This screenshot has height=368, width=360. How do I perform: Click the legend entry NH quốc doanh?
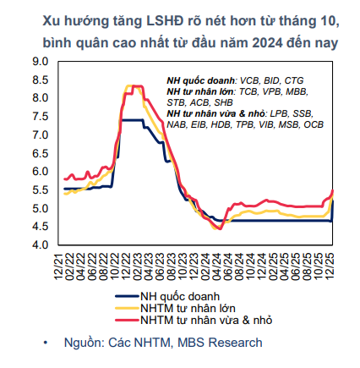[x=180, y=296]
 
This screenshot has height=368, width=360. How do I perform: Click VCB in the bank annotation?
[x=250, y=79]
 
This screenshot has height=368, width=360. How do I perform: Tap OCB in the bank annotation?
[x=313, y=124]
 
